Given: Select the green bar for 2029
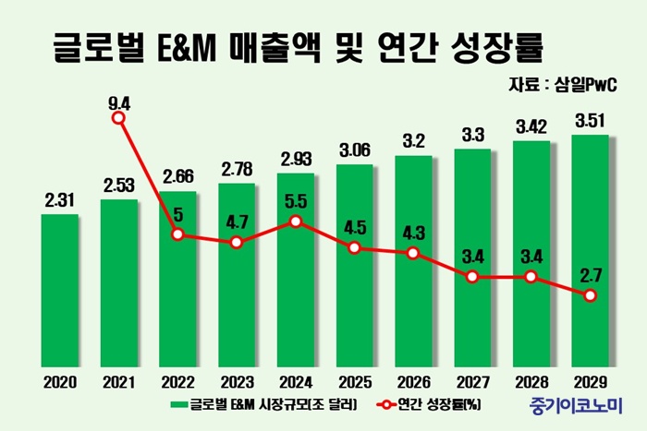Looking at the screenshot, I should [591, 249].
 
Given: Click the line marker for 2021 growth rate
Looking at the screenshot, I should [118, 117].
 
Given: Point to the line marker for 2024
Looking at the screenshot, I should [296, 221].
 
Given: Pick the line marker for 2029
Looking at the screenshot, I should [591, 295].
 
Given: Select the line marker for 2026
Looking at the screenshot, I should [413, 253].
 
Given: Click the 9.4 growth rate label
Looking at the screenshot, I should [118, 93].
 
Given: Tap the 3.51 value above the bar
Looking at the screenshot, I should [591, 121].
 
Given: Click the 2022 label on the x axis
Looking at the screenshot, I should [177, 381].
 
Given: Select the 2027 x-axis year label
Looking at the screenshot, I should [472, 381].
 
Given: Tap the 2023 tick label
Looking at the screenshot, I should [237, 381].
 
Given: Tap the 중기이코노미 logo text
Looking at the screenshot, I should [576, 404].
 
